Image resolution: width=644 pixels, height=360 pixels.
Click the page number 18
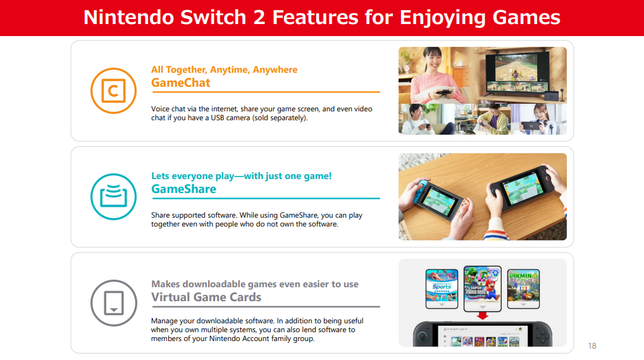pyautogui.click(x=592, y=346)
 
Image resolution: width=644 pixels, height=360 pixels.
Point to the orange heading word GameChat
pyautogui.click(x=181, y=83)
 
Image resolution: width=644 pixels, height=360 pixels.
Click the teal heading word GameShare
pyautogui.click(x=183, y=189)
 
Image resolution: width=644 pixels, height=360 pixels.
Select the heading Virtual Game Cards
pyautogui.click(x=206, y=297)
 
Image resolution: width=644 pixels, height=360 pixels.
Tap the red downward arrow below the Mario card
pyautogui.click(x=483, y=316)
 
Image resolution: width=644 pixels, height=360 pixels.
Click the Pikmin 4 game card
pyautogui.click(x=523, y=289)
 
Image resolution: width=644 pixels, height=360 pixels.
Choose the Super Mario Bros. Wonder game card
pyautogui.click(x=483, y=289)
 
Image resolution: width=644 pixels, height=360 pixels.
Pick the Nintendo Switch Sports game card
pyautogui.click(x=442, y=289)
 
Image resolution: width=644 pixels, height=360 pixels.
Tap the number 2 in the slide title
pyautogui.click(x=259, y=18)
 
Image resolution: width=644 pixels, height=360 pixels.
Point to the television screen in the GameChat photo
pyautogui.click(x=517, y=72)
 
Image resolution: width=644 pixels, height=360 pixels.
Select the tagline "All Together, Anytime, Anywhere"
pyautogui.click(x=224, y=70)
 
